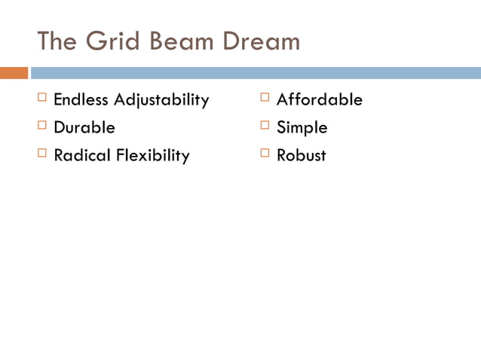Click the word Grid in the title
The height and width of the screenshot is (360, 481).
point(112,41)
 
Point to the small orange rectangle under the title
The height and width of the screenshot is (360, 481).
point(14,73)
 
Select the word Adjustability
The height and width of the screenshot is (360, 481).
point(161,100)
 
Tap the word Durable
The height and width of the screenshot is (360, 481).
point(84,127)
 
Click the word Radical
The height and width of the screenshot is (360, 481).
point(82,155)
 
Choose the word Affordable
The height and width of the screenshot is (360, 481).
point(319,99)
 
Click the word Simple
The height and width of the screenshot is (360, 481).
point(302,128)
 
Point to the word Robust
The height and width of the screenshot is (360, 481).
point(301,155)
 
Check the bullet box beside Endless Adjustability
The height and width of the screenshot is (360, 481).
point(41,97)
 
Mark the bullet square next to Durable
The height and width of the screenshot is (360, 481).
point(41,125)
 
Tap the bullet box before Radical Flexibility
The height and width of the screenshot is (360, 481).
point(41,153)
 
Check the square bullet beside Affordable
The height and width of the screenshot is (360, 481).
point(265,97)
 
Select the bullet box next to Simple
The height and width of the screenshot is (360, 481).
point(265,125)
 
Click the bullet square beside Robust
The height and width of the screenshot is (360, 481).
point(265,153)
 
